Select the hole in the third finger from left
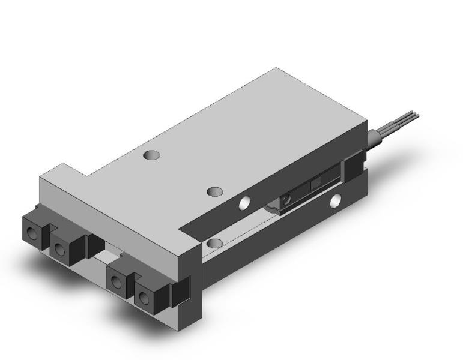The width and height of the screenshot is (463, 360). click(116, 277)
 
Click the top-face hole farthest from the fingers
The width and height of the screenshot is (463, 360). click(151, 155)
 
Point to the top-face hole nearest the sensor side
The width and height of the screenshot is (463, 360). click(214, 191)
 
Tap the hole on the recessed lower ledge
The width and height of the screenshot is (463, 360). click(215, 243)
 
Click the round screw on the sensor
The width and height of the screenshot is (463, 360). click(288, 198)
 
